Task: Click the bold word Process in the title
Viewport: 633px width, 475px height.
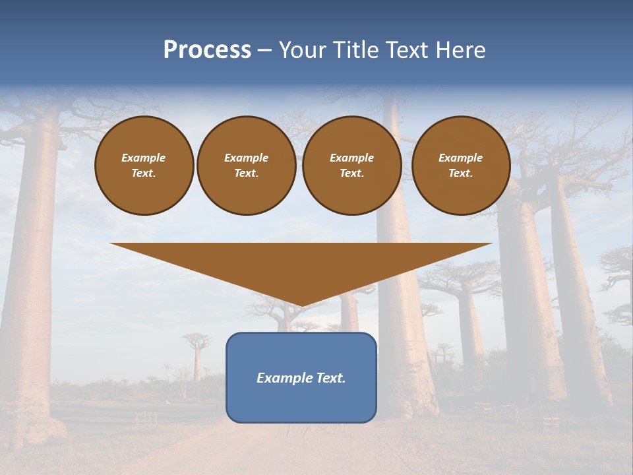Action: click(207, 50)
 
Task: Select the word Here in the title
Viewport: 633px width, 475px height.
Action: click(461, 50)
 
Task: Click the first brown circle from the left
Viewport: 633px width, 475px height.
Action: click(144, 165)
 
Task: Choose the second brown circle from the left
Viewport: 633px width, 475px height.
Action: click(247, 165)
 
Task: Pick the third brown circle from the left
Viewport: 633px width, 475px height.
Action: click(352, 165)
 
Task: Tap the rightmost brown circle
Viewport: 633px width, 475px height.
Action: click(461, 165)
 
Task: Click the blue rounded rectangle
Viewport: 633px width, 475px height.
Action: click(301, 377)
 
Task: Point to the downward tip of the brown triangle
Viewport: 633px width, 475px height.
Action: click(301, 305)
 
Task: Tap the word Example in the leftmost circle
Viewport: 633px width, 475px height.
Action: click(144, 158)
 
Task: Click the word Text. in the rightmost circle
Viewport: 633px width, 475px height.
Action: click(461, 173)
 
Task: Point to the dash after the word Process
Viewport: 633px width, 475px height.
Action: click(265, 50)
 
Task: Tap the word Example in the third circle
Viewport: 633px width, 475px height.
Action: click(352, 158)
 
